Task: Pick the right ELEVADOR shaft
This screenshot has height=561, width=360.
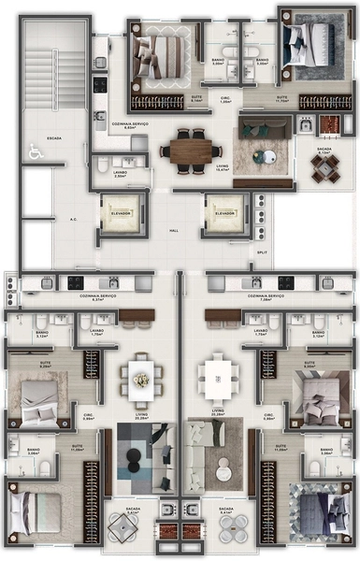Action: pos(224,214)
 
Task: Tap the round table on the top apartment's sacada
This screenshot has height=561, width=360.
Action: pos(325,165)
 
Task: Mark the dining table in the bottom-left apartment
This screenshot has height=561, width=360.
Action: pos(140,378)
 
